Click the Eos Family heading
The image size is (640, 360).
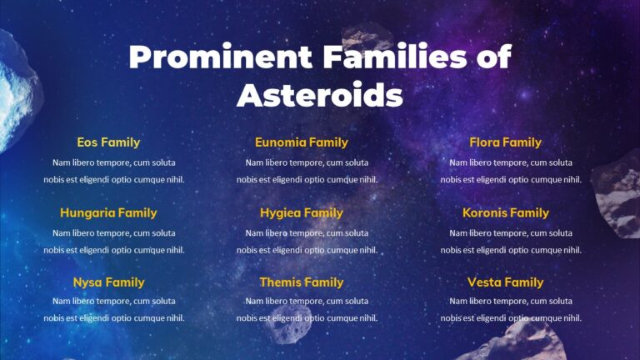(x=108, y=142)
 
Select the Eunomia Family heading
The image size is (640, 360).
(x=301, y=142)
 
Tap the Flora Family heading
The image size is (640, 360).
(x=505, y=142)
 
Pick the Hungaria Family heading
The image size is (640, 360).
(x=108, y=212)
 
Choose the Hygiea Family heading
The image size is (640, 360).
(x=301, y=212)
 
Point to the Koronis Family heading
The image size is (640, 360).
(x=505, y=212)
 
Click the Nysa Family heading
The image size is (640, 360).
(x=108, y=282)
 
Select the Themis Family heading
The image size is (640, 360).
(x=301, y=282)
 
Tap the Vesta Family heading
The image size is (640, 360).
(x=505, y=282)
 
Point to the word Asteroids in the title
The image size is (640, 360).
(x=320, y=95)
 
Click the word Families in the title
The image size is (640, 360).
(x=389, y=57)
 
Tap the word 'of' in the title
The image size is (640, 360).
(x=489, y=57)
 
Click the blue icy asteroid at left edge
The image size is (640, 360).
(x=17, y=92)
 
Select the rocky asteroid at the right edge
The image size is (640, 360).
(x=618, y=196)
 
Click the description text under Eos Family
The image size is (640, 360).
(x=114, y=171)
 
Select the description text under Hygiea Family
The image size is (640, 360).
(x=307, y=241)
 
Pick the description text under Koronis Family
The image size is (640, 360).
(x=511, y=241)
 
